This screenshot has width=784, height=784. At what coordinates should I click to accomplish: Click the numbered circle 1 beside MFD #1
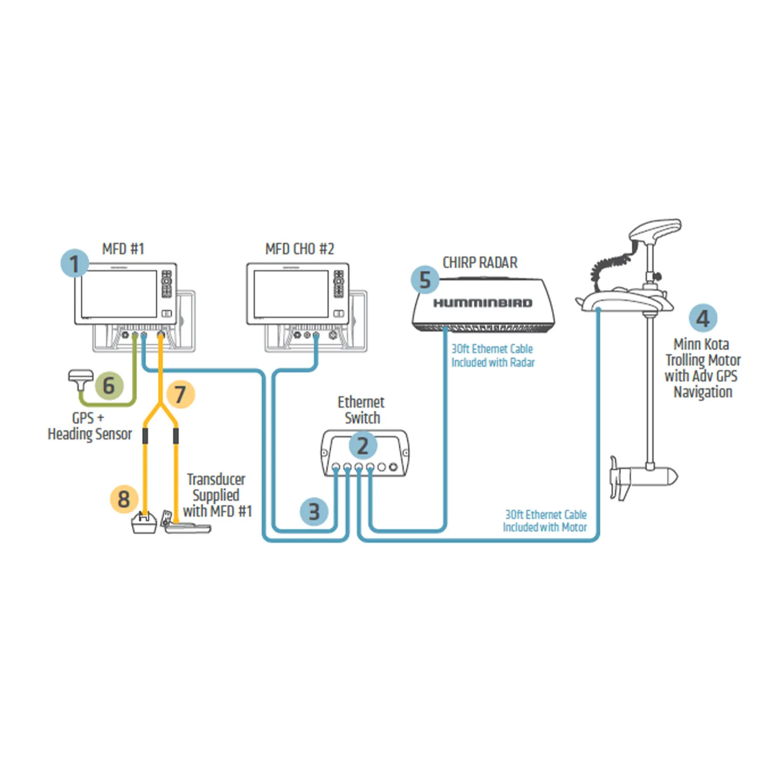tap(75, 264)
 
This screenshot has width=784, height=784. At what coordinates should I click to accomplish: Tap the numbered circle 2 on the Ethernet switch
tap(363, 446)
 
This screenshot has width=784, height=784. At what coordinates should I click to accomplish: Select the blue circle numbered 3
tap(314, 512)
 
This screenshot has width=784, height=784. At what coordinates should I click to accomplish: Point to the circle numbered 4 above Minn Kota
tap(703, 318)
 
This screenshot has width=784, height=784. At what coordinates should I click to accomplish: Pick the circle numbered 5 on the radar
tap(425, 280)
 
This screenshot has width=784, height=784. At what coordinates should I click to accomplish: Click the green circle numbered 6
tap(109, 385)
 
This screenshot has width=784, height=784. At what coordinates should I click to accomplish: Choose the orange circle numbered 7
tap(180, 394)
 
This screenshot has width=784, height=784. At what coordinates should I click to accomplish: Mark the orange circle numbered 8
tap(124, 499)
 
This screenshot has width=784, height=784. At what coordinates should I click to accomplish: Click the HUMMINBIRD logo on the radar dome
tap(483, 303)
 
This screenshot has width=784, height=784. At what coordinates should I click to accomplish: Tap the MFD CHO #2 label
tap(299, 249)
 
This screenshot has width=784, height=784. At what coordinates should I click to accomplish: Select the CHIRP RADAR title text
tap(480, 263)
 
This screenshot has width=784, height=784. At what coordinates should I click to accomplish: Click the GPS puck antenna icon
tap(81, 378)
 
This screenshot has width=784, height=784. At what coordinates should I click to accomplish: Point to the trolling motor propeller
tap(619, 478)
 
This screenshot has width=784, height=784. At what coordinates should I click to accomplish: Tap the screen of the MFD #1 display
tap(119, 294)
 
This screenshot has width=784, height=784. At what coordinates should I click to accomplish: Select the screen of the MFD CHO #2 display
tap(291, 294)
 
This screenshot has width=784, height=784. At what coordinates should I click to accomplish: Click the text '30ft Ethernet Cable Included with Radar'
tap(493, 356)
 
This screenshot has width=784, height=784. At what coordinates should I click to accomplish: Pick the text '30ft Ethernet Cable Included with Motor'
tap(545, 521)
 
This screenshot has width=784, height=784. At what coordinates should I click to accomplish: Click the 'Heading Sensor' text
tap(90, 434)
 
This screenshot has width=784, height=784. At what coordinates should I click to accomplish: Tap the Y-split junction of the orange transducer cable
tap(160, 407)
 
